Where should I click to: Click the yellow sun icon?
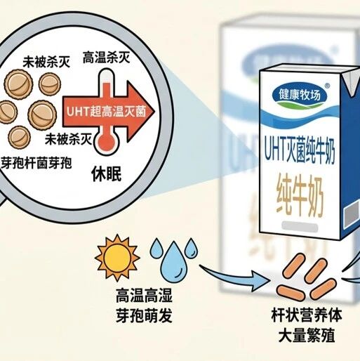tap(117, 258)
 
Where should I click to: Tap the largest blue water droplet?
tap(173, 263)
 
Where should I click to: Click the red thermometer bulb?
tap(107, 142)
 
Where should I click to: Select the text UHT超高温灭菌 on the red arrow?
tap(106, 112)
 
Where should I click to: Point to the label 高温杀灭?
tap(106, 58)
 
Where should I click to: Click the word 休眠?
tap(107, 174)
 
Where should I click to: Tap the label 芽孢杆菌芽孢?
tap(36, 163)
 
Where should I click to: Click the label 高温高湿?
tap(145, 296)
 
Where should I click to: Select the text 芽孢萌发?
tap(145, 315)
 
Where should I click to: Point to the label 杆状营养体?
tap(307, 315)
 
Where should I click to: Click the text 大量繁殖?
tap(307, 335)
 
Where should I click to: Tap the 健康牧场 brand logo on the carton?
tap(300, 96)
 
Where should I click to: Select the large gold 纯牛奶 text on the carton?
tap(300, 197)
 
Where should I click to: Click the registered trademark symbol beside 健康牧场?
tap(328, 86)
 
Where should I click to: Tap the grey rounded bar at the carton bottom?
tap(300, 226)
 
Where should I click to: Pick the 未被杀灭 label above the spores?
tap(46, 63)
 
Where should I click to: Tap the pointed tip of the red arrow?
tap(154, 112)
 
